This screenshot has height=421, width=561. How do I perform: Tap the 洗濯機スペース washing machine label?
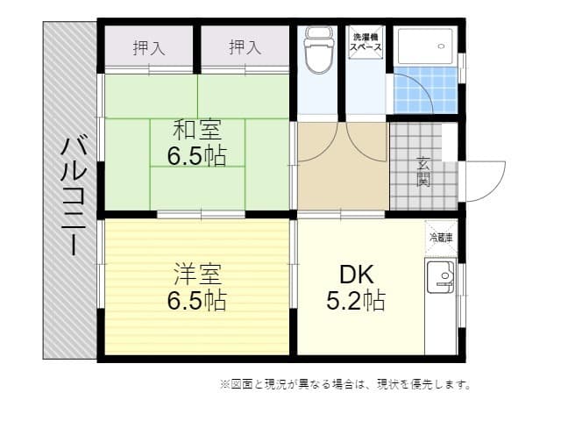[x=366, y=45]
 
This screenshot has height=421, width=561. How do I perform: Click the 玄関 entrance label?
[x=423, y=172]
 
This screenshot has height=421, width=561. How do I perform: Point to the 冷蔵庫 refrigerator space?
[x=441, y=237]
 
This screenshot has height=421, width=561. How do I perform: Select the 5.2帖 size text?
[x=355, y=301]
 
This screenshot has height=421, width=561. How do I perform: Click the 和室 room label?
[x=196, y=130]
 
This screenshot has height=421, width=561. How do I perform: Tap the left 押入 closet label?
[x=149, y=48]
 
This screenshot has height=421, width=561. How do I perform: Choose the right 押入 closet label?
[x=245, y=48]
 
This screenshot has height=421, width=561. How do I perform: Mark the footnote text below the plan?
[x=345, y=384]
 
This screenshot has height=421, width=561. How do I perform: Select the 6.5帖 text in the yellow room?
[x=196, y=301]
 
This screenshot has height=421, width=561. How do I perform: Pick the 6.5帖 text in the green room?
[x=196, y=156]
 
